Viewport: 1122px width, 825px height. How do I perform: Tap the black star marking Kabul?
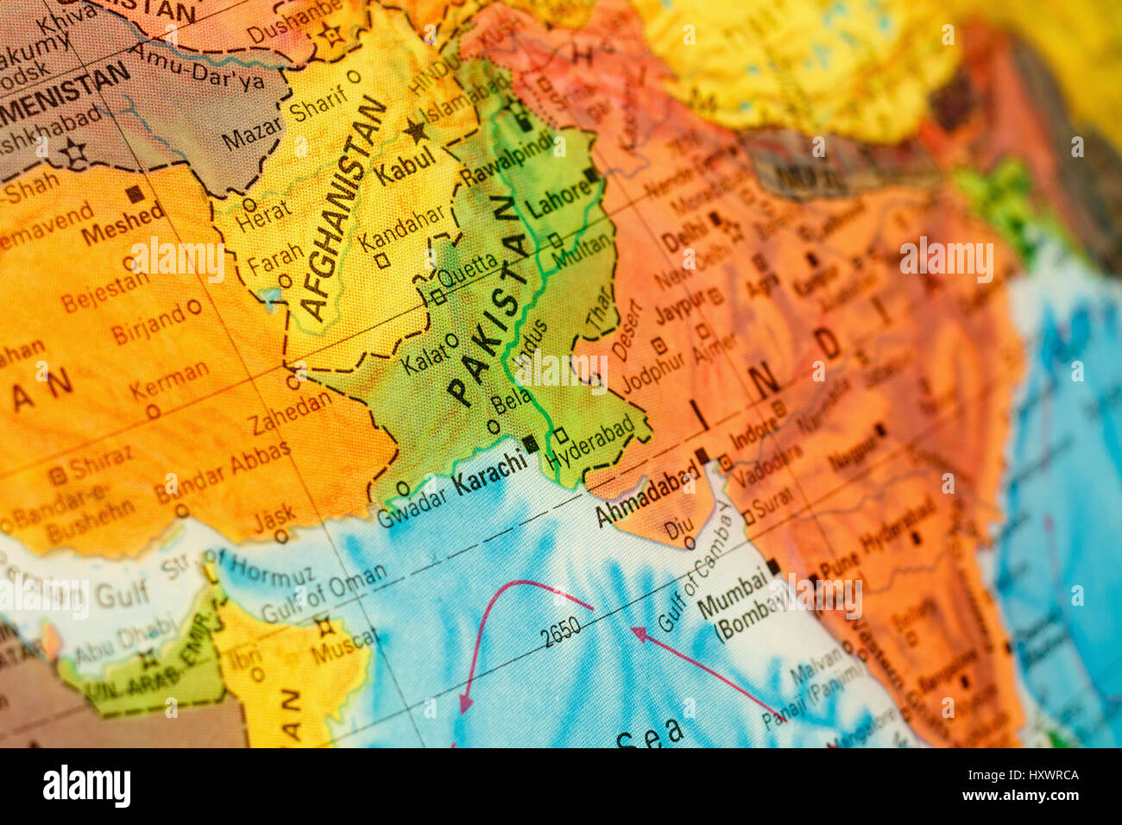click(417, 131)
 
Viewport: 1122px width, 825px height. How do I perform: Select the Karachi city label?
click(490, 472)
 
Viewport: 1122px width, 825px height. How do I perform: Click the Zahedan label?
click(291, 412)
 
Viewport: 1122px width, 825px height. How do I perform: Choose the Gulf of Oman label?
click(323, 593)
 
